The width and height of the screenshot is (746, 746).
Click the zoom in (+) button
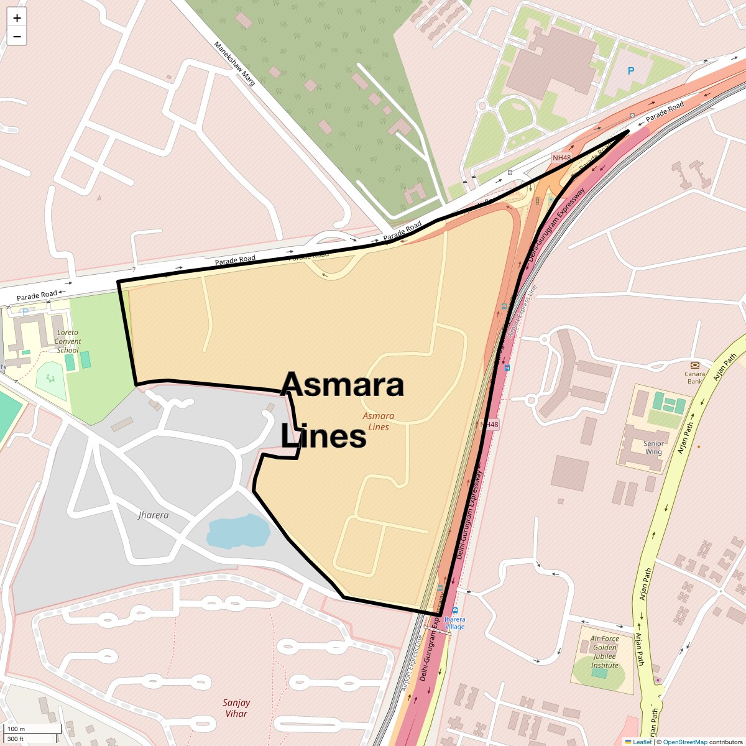17,18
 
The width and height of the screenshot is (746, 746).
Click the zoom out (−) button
17,37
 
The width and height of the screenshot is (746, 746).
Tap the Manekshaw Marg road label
234,63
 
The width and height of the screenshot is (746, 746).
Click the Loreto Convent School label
68,341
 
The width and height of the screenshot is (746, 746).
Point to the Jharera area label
153,515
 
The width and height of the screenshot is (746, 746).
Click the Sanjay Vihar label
236,708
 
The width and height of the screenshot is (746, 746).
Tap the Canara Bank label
694,377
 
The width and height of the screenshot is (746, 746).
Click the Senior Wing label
653,448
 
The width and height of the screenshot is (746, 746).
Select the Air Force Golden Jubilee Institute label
605,652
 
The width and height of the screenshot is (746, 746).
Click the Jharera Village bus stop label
455,623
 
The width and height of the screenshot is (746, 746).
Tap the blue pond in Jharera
238,531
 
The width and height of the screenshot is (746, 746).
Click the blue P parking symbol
630,71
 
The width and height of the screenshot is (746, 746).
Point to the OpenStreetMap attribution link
684,742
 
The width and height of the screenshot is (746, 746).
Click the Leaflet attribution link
642,742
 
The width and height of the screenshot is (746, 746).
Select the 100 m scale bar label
17,729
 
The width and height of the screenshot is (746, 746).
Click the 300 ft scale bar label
16,739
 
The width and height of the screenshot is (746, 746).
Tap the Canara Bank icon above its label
694,365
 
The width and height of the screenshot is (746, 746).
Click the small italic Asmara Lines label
379,421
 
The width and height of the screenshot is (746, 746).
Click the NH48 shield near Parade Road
561,158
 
